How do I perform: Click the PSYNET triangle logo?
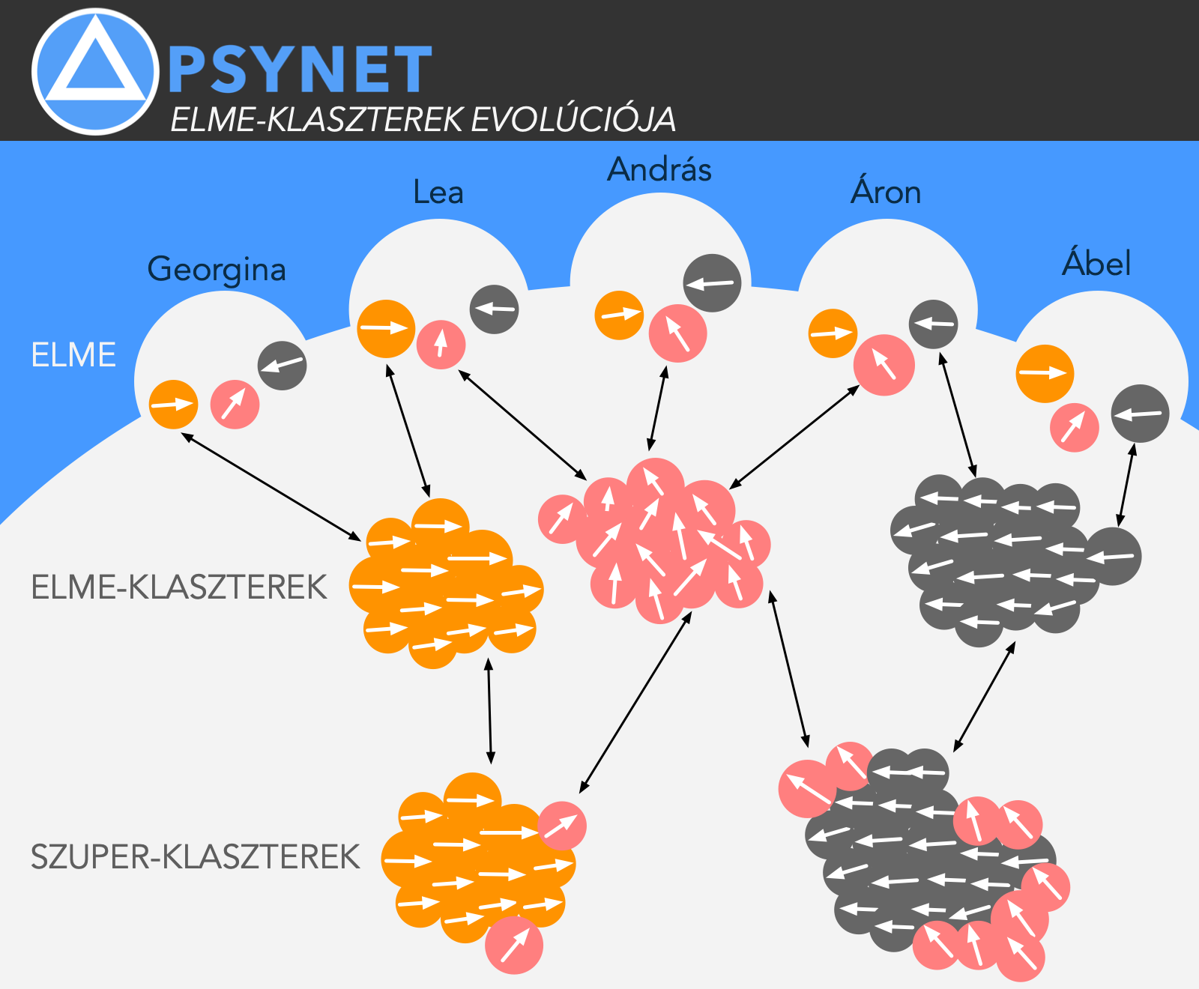coord(95,72)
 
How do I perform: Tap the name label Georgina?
coord(217,269)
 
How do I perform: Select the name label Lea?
coord(438,193)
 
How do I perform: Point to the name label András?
coord(659,169)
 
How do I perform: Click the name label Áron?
coord(886,193)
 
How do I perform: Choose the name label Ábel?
coord(1096,264)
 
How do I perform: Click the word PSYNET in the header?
coord(300,70)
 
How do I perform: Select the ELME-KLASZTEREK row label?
coord(179,587)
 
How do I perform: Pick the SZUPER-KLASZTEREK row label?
coord(195,857)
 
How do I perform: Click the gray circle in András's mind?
coord(712,283)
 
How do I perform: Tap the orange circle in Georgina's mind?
coord(174,405)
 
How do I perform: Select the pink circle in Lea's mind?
coord(441,345)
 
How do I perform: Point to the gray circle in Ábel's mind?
coord(1140,414)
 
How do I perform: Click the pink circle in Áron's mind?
coord(884,365)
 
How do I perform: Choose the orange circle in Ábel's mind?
coord(1045,373)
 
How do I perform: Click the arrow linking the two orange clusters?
coord(489,710)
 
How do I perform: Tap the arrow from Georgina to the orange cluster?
coord(271,486)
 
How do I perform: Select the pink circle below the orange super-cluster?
coord(514,945)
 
